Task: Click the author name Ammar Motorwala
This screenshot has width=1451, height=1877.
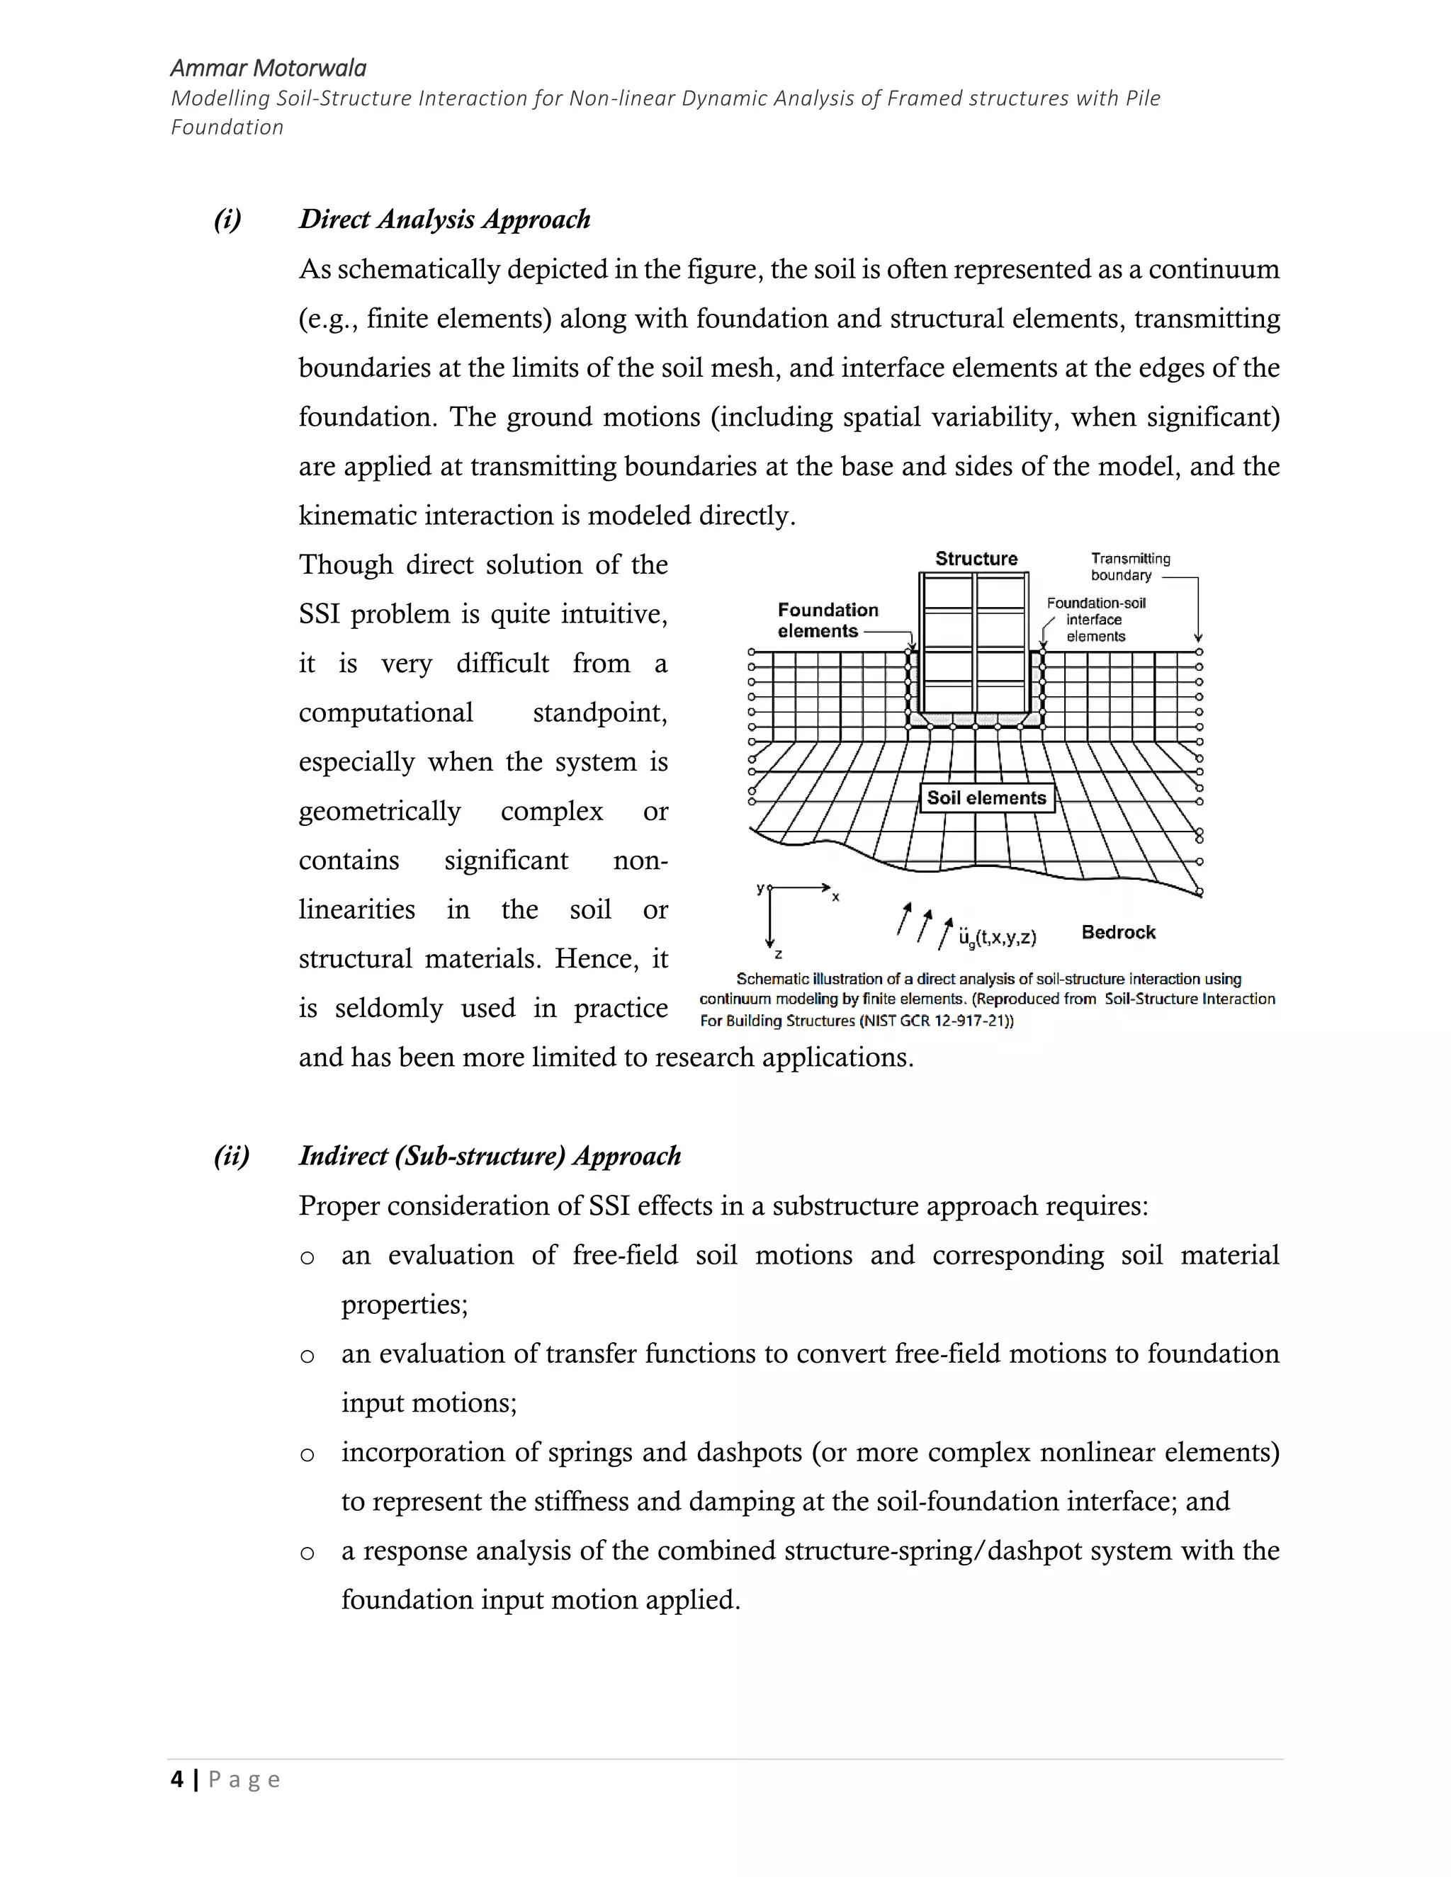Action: point(269,69)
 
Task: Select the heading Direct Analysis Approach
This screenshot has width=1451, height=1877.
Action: point(444,219)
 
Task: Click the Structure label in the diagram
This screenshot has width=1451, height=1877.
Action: point(976,559)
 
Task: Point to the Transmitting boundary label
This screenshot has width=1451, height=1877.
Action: point(1129,567)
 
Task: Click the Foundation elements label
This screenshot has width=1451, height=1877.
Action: point(827,620)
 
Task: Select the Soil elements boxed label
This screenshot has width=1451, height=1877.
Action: point(986,798)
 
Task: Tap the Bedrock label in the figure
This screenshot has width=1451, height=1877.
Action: point(1117,933)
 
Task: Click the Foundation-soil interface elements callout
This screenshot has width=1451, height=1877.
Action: point(1095,620)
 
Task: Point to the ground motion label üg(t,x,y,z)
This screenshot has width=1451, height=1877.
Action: point(997,938)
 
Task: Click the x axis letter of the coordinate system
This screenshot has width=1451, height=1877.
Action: point(835,897)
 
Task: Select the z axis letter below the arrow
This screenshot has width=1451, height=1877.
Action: point(778,955)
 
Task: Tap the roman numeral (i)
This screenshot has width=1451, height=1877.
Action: point(228,219)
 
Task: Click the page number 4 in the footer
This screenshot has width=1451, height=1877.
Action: point(177,1779)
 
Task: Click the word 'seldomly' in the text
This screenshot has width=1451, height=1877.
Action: point(388,1008)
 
